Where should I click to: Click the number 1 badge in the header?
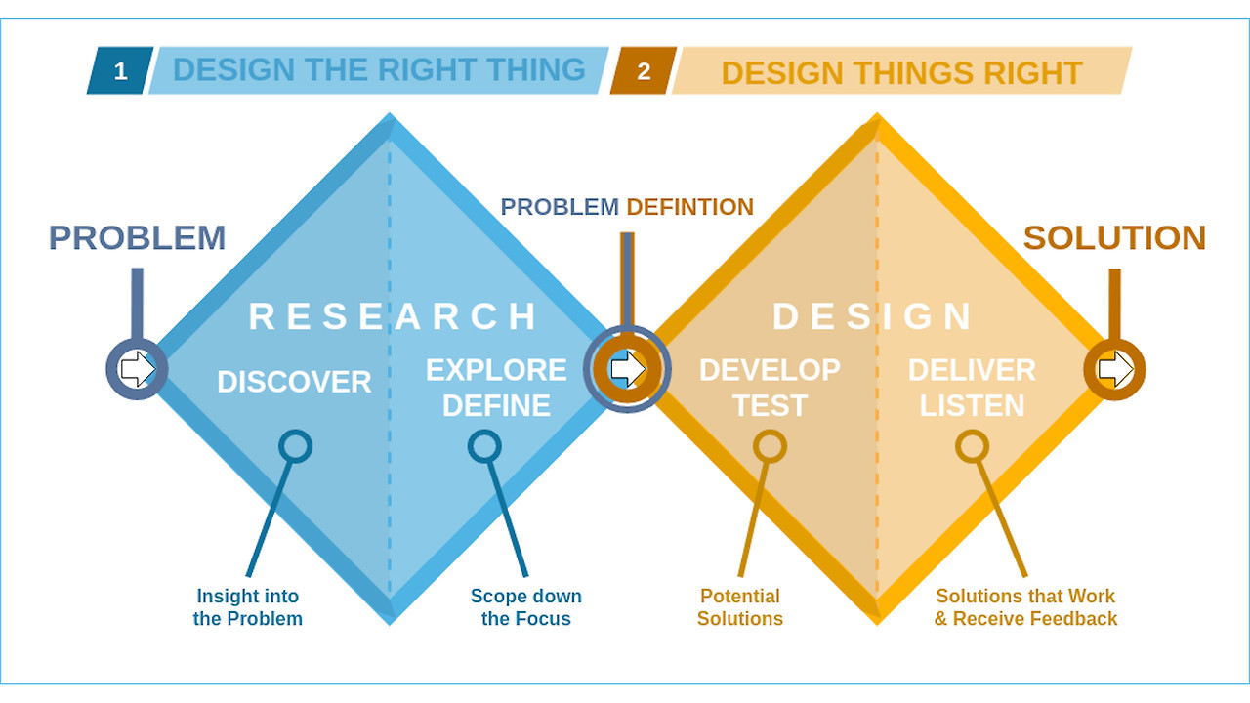120,71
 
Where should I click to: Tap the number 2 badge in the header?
644,71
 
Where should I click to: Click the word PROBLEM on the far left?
137,238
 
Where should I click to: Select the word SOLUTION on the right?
1114,238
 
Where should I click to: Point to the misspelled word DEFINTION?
689,207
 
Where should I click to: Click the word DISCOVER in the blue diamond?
294,382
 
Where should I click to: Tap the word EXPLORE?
496,370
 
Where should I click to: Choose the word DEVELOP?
770,370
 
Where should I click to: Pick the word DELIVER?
972,370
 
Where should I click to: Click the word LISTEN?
972,405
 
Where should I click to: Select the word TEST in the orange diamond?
770,405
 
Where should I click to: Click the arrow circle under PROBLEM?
137,369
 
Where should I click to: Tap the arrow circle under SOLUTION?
1114,369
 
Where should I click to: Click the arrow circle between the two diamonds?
627,369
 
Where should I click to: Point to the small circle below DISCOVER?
295,446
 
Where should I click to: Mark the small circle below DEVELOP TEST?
770,446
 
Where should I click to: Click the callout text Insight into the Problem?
248,607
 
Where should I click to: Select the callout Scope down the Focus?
525,607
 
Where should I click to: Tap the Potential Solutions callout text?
740,607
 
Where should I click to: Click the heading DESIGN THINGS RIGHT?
901,72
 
